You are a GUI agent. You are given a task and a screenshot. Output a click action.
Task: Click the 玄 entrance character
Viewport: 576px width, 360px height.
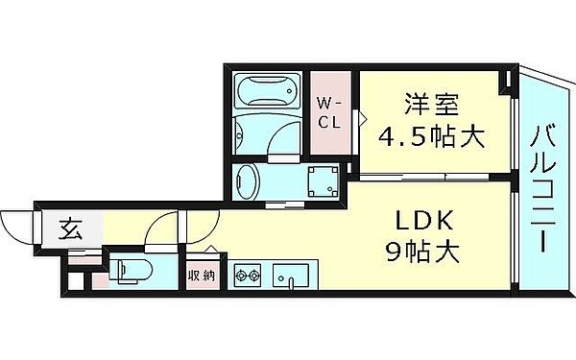point(69,229)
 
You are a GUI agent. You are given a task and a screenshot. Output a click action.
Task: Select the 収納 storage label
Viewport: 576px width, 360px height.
point(201,274)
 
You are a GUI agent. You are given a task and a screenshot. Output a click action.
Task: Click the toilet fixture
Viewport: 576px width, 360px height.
point(127,272)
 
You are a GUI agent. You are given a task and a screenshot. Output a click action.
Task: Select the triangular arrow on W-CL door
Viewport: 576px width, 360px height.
point(363,118)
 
